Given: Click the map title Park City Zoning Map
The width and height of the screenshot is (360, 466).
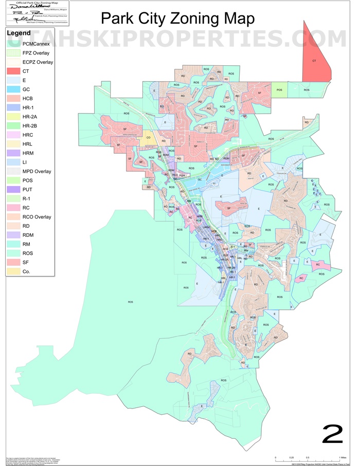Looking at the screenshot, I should click(x=177, y=18).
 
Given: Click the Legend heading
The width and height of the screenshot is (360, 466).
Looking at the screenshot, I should click(x=19, y=33).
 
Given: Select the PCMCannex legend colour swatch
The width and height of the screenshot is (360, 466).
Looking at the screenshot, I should click(x=13, y=44).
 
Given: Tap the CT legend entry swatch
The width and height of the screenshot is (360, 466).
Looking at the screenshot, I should click(x=13, y=71).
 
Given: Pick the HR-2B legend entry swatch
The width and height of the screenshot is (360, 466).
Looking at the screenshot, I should click(x=13, y=126).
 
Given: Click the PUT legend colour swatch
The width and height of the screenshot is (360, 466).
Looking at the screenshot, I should click(x=13, y=190).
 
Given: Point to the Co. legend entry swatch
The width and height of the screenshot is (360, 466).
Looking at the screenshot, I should click(x=13, y=272).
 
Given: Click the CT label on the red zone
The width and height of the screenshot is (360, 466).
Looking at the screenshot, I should click(x=314, y=61).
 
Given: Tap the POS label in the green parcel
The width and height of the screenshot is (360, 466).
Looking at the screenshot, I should click(x=279, y=90).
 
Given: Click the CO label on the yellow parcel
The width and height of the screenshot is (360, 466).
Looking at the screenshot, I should click(x=149, y=137).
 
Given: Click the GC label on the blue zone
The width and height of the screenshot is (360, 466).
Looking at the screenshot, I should click(x=200, y=180).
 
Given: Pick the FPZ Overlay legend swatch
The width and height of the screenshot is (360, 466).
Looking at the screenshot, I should click(x=13, y=53).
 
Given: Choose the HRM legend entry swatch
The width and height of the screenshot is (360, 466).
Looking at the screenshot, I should click(x=13, y=153).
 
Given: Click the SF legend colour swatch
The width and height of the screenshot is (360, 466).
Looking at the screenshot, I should click(x=13, y=263).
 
